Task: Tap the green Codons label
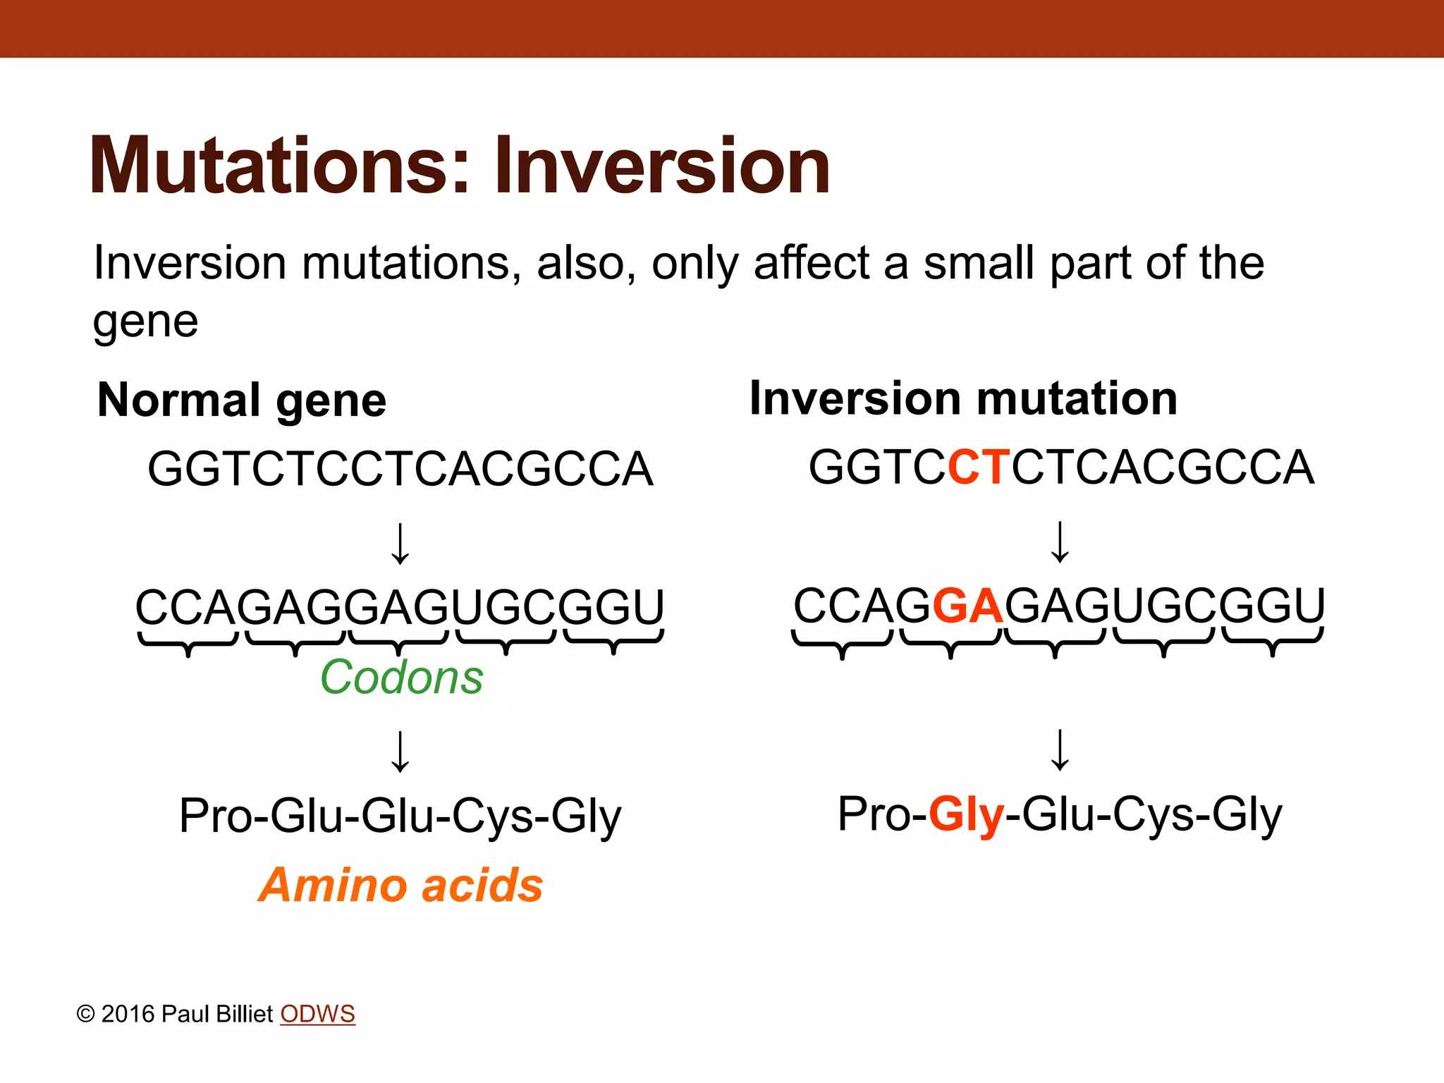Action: (401, 677)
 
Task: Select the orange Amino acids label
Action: (400, 885)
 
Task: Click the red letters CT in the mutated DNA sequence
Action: (980, 467)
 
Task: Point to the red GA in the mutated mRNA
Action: (968, 606)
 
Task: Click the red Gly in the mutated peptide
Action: (966, 814)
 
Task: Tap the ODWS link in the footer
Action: (317, 1014)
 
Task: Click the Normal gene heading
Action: (242, 400)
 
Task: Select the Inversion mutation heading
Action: (963, 398)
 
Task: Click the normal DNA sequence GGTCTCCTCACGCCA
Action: (400, 469)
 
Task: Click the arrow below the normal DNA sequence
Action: (400, 544)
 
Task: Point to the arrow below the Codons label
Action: (400, 752)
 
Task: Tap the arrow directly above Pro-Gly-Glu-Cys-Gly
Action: (1060, 750)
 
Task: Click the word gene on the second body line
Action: (146, 322)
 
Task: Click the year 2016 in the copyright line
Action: (128, 1014)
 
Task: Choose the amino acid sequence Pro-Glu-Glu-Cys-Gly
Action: (400, 816)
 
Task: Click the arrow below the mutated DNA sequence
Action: (1060, 542)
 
